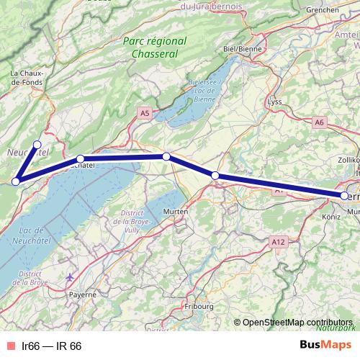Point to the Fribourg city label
[199, 305]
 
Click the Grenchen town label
[321, 10]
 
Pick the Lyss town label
[274, 102]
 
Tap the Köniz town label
[332, 215]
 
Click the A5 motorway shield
[145, 113]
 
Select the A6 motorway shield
[320, 123]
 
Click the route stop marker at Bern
[345, 195]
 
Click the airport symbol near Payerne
[69, 276]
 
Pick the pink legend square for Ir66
[9, 346]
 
